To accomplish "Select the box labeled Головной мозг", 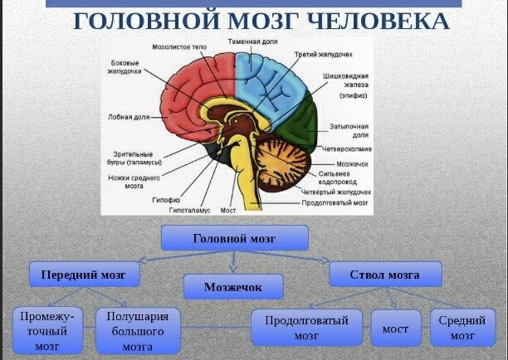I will (x=233, y=238).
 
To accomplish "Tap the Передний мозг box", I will (x=83, y=274).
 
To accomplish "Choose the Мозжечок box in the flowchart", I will (x=232, y=286).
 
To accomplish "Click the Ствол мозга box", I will (x=385, y=274).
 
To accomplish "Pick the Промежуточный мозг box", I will (x=47, y=329).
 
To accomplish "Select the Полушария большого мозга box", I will (x=137, y=329).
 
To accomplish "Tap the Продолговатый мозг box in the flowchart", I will (x=306, y=328).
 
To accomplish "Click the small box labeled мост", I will (x=395, y=328).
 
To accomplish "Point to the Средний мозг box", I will (x=462, y=328).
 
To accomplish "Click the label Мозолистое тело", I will (x=188, y=48).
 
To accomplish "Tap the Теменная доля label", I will (x=253, y=40).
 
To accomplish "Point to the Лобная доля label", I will (x=126, y=117).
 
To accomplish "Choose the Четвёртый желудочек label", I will (x=335, y=192).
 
